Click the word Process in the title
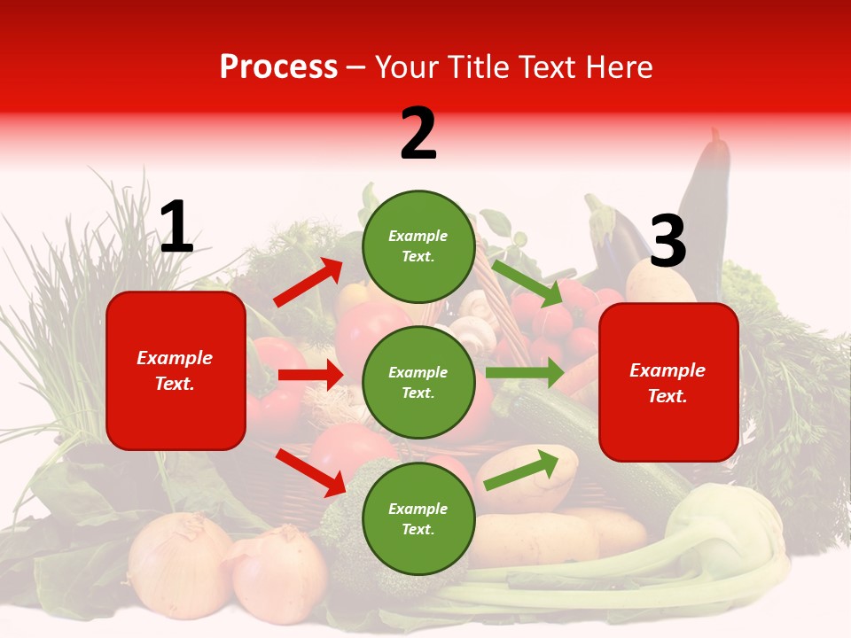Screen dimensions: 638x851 [278, 67]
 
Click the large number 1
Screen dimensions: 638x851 [176, 227]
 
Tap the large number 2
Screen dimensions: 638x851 [418, 134]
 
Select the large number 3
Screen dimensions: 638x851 [668, 242]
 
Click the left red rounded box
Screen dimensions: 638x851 [176, 370]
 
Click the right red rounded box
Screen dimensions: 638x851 [668, 383]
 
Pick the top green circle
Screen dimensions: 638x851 [418, 246]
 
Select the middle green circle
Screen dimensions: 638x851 [418, 382]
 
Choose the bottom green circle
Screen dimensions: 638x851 [418, 518]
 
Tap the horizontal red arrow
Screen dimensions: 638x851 [310, 375]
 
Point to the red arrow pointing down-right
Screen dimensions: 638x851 [311, 472]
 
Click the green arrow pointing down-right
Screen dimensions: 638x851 [528, 283]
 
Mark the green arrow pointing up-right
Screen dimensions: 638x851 [521, 469]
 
